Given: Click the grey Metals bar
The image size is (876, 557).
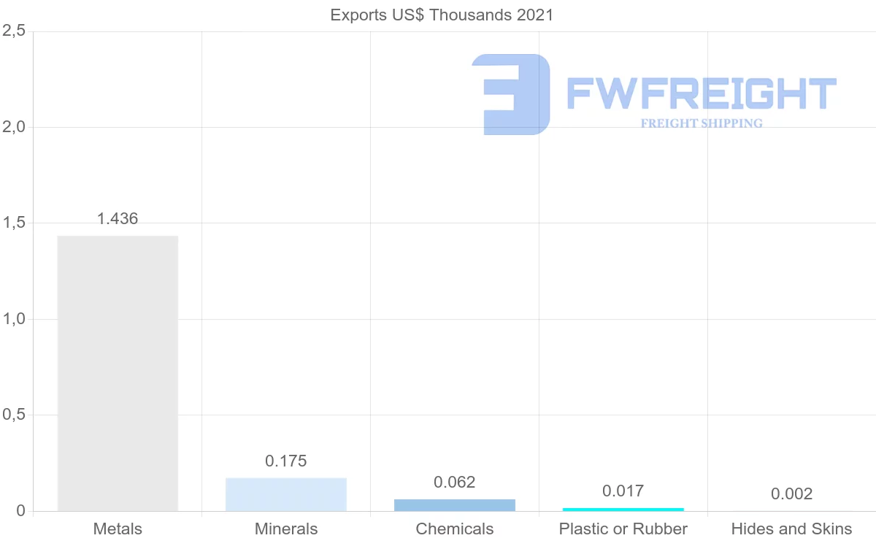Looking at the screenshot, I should pos(118,373).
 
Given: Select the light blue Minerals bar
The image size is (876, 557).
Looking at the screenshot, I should pos(286,494).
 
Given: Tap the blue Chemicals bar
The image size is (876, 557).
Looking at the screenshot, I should pos(455,505).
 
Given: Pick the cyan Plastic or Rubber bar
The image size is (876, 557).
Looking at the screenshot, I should pos(623,509).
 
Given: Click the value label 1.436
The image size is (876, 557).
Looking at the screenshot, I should pos(118,218).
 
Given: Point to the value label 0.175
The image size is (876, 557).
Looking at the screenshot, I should pos(286,461).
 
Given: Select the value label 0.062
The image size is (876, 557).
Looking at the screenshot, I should pos(455,482).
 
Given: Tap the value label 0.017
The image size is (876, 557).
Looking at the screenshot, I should pos(623,491).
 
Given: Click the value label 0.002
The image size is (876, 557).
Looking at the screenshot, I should pos(792,494).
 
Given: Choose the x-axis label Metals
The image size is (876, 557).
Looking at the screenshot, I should pos(118,529).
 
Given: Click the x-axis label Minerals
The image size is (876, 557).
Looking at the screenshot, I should pos(286,529).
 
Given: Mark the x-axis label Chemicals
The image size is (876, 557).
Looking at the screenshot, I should pos(455,529).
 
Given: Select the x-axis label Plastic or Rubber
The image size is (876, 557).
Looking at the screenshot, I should pos(623,529).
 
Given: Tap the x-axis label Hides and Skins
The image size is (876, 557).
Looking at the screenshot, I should pos(792,529).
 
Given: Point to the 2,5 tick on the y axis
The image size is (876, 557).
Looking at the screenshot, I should pos(14,31).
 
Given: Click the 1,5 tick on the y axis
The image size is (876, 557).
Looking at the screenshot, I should pos(14,223).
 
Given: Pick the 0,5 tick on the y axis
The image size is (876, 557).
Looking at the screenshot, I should pos(14,415).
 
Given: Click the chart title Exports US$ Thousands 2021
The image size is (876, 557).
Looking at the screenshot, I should pos(442,15).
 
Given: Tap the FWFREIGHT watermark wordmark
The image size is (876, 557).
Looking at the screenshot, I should pos(702,93).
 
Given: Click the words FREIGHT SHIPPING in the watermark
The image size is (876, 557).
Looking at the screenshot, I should pos(702,123).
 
